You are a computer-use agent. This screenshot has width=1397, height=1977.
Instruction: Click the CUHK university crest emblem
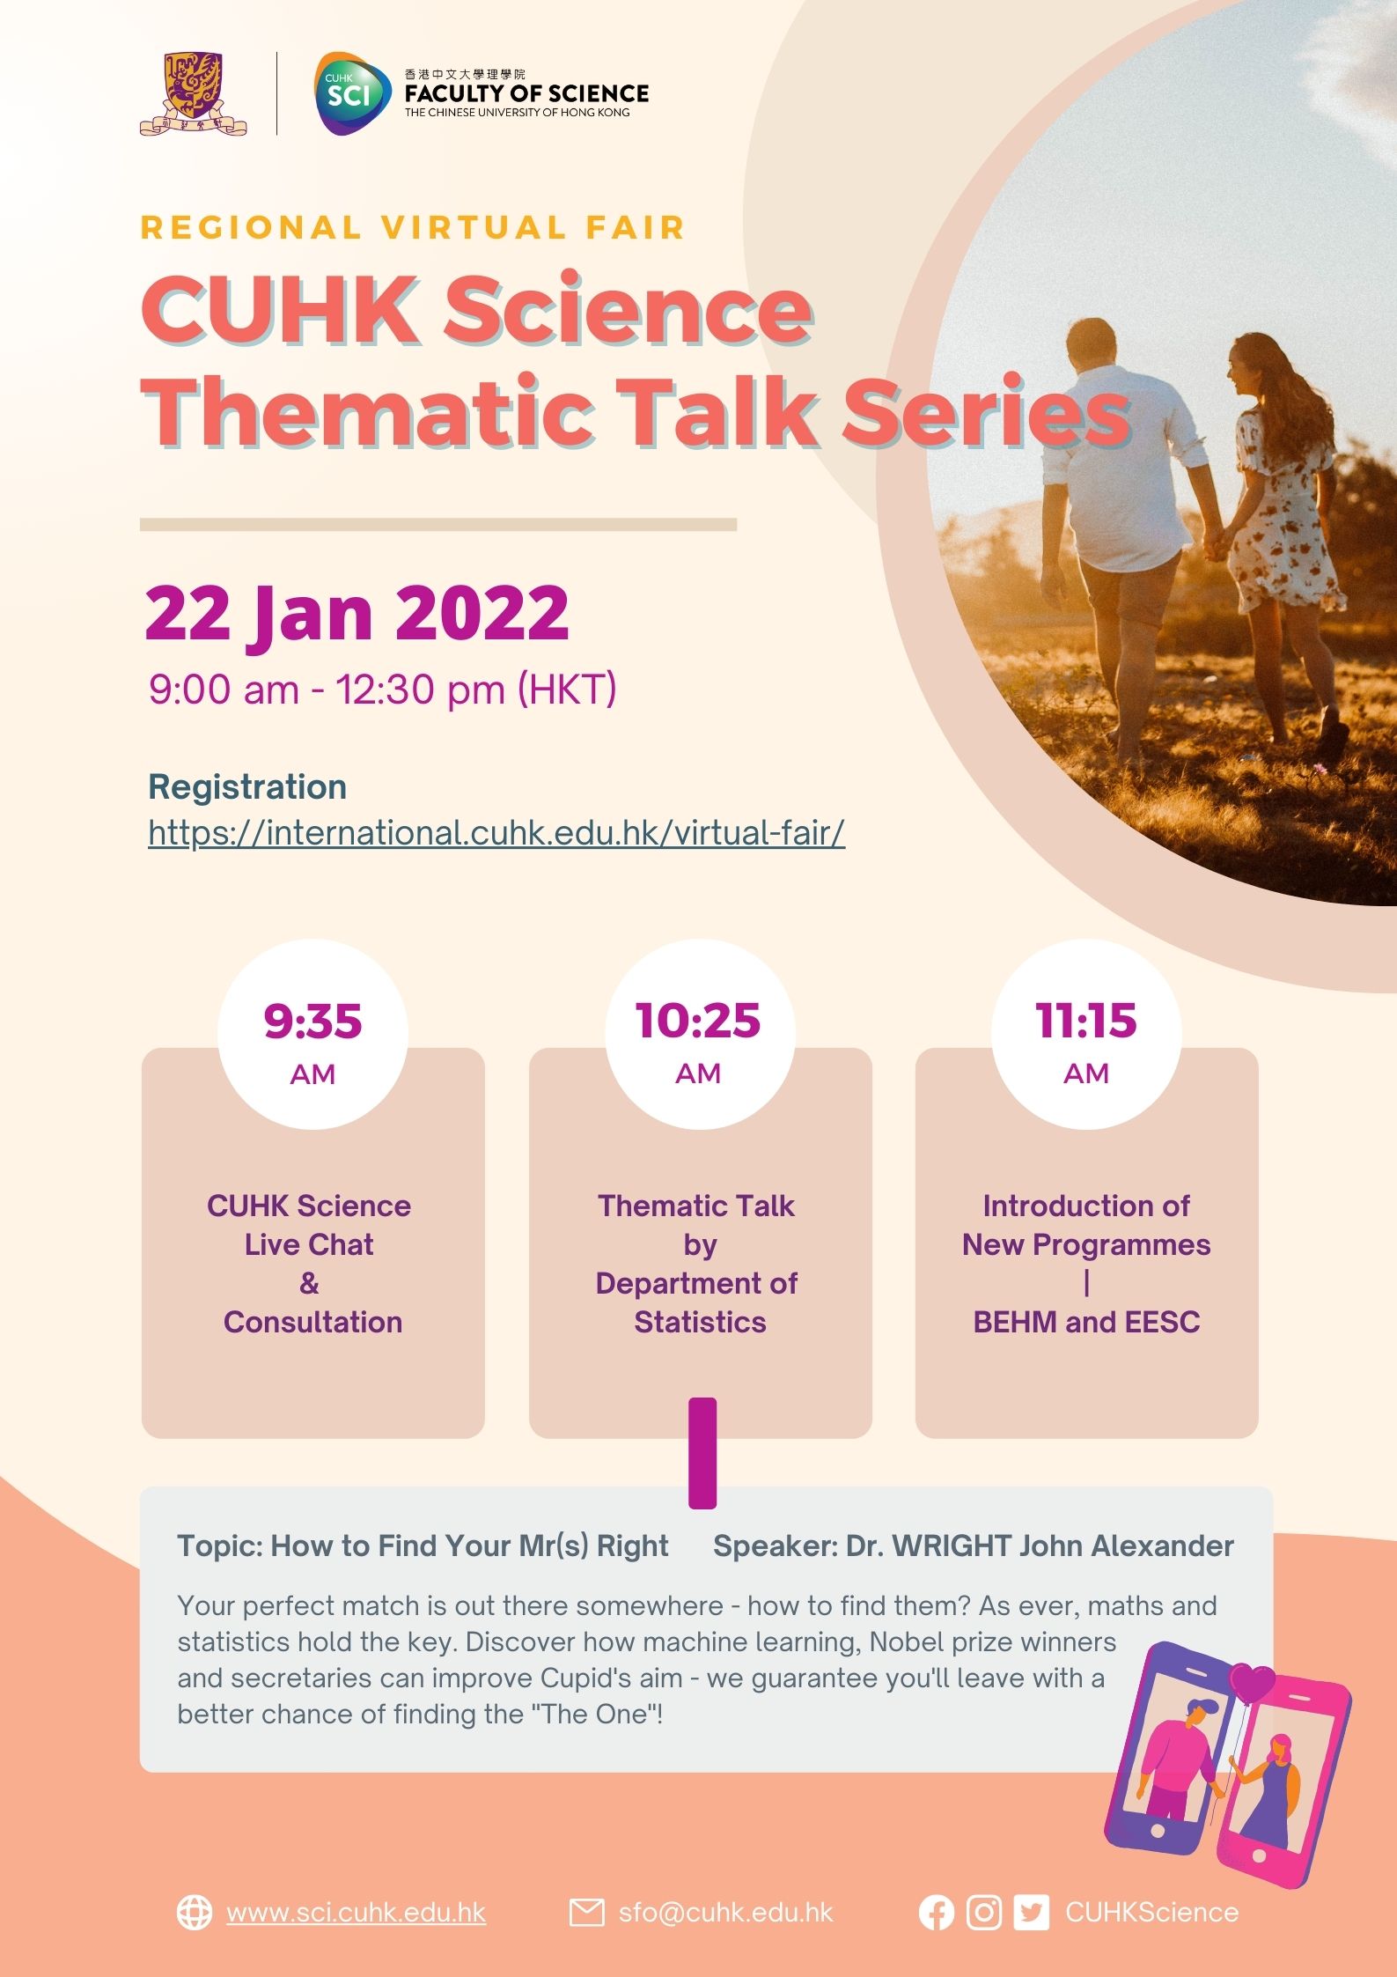pos(193,94)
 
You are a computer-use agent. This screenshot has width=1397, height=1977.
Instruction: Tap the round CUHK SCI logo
pos(352,93)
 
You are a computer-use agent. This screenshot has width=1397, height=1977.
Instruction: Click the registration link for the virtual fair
pos(496,832)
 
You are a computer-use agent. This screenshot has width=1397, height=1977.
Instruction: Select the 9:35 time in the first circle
pos(312,1021)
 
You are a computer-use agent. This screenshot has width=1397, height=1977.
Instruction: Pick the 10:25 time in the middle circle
pos(698,1020)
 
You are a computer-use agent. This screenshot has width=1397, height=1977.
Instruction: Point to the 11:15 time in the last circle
pos(1086,1020)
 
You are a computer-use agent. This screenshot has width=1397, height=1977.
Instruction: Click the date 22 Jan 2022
pos(357,614)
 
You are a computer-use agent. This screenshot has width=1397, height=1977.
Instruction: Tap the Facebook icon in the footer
pos(937,1913)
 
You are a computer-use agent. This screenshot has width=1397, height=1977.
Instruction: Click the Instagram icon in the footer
pos(984,1913)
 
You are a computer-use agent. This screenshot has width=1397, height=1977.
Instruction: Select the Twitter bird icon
pos(1032,1913)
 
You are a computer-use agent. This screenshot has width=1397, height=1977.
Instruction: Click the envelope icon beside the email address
pos(586,1913)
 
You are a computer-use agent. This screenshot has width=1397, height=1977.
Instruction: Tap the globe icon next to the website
pos(195,1913)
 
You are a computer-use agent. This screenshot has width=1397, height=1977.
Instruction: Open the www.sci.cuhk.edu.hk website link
pos(357,1913)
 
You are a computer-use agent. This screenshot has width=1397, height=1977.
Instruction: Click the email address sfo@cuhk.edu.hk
pos(725,1913)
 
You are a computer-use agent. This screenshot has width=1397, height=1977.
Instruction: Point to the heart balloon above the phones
pos(1252,1683)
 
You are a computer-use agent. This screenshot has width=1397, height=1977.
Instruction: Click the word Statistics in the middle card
pos(700,1322)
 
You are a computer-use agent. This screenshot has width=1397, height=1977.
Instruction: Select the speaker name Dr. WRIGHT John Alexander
pos(1040,1545)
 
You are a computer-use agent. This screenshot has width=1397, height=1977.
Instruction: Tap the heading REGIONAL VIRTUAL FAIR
pos(413,227)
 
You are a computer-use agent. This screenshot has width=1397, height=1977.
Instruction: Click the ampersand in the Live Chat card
pos(309,1283)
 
